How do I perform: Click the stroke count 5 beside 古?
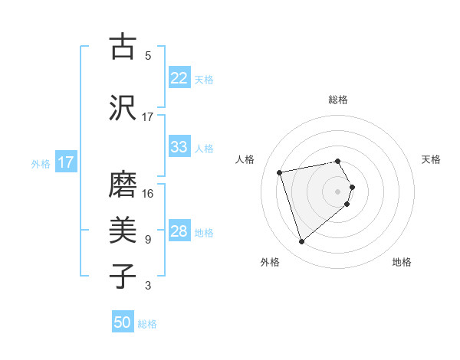coord(147,56)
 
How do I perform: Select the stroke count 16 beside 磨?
coord(148,194)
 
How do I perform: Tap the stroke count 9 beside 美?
coord(147,240)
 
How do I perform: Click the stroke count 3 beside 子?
coord(147,286)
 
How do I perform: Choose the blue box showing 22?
coord(179,78)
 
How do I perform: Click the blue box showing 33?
coord(179,147)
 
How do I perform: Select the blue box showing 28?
coord(179,231)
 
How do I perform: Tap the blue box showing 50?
coord(123,322)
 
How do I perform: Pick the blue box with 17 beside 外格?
coord(66,162)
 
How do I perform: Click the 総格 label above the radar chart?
coord(338,100)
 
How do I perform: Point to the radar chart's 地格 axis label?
coord(402,263)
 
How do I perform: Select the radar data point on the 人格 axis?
coord(280,172)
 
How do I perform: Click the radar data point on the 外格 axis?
coord(301,242)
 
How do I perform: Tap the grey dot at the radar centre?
coord(338,191)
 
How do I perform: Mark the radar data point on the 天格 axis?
coord(352,186)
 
